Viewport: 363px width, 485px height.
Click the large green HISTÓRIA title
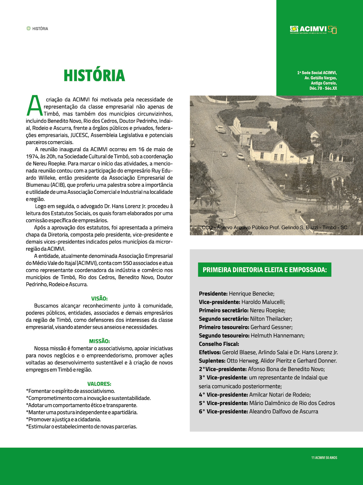click(94, 76)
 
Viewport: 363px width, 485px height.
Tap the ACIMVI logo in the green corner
click(313, 29)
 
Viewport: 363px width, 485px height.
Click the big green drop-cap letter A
click(35, 106)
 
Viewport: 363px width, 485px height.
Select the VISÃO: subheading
click(99, 299)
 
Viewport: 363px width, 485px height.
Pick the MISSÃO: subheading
click(99, 341)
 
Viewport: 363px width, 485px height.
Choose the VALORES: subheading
click(99, 384)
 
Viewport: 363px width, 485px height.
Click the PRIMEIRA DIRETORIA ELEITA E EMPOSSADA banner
click(265, 270)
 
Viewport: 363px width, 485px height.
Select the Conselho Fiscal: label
click(219, 344)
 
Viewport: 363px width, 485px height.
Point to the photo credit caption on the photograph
click(275, 228)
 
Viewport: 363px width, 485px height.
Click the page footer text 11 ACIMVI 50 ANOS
click(324, 458)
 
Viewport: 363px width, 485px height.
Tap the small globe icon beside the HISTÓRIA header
click(28, 28)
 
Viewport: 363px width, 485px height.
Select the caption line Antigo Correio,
click(323, 83)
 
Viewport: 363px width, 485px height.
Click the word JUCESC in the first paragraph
click(79, 135)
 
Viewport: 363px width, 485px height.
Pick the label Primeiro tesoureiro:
click(224, 327)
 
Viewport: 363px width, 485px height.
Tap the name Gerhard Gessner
click(271, 327)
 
